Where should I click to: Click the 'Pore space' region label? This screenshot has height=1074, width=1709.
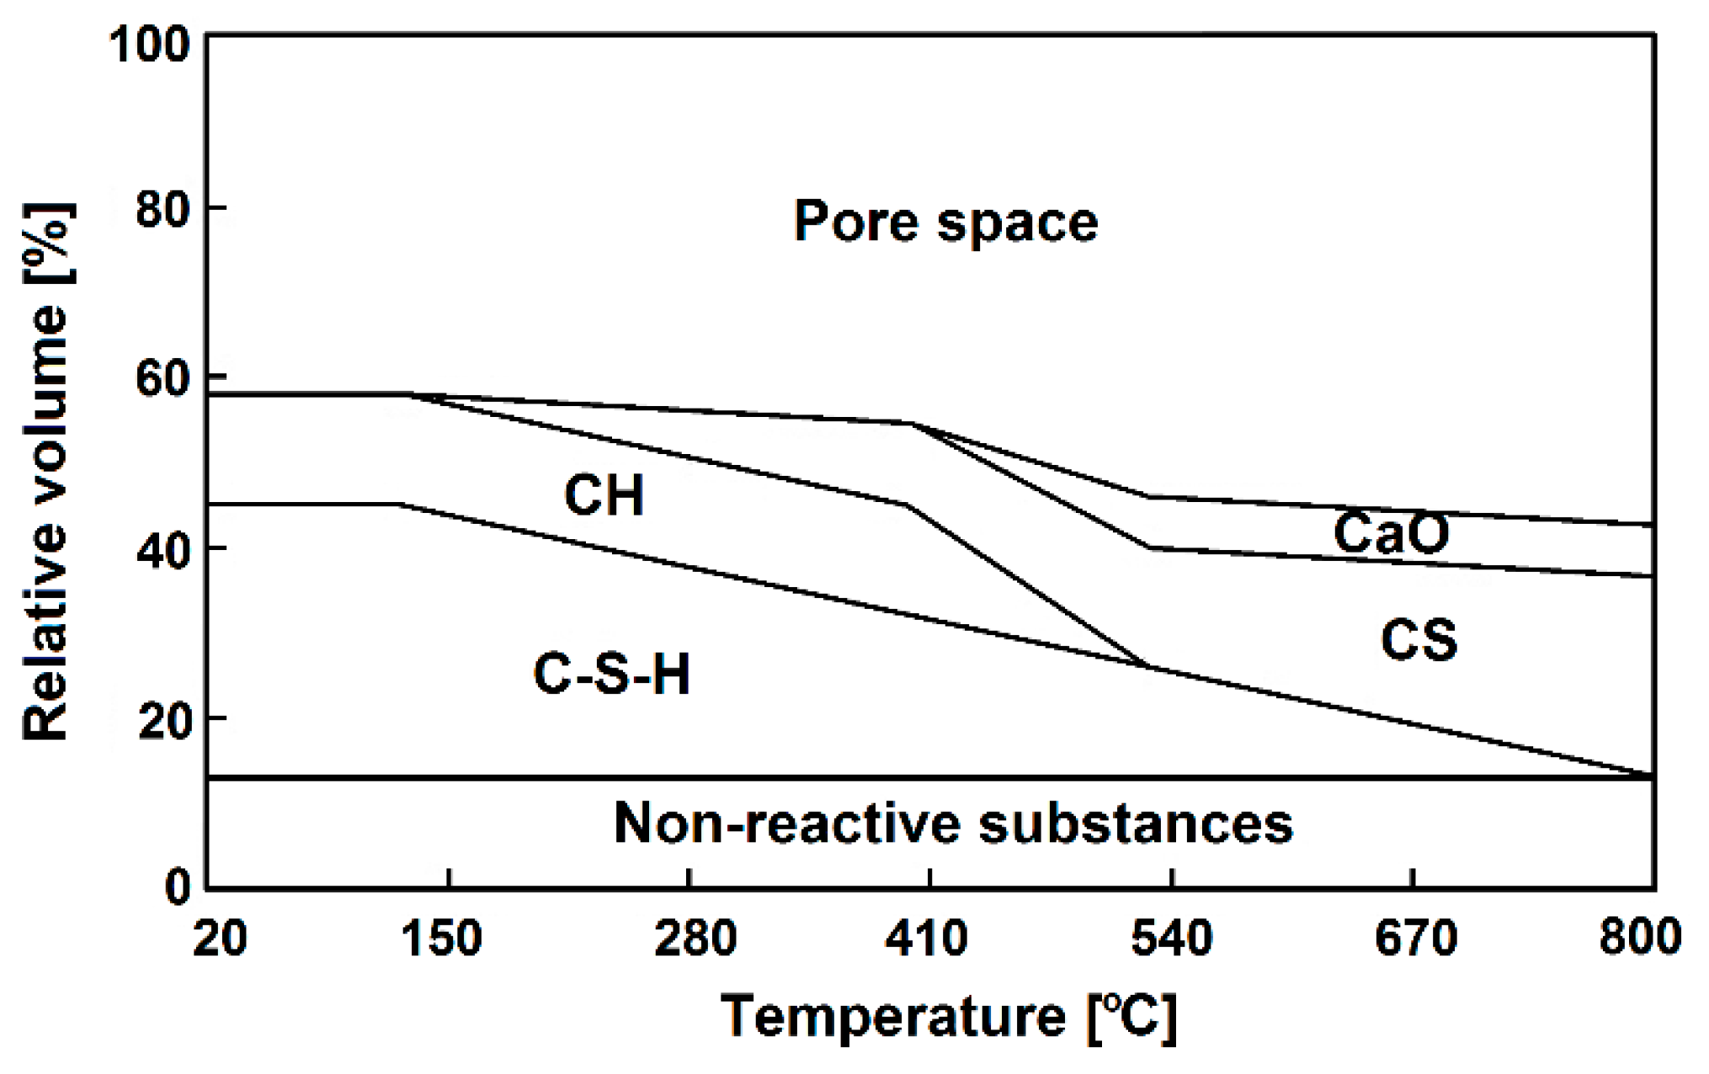[945, 222]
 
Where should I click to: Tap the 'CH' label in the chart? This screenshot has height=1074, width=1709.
[604, 495]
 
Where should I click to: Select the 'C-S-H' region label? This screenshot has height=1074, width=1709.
[612, 675]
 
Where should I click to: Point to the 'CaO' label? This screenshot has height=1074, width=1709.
[1391, 533]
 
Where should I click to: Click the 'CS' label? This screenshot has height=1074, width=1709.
[1419, 640]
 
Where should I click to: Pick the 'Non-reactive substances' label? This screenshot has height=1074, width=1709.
[953, 823]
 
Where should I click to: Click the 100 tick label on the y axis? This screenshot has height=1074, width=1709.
[150, 44]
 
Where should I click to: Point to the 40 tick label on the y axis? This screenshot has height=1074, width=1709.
[162, 551]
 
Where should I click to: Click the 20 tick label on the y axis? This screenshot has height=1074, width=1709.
[162, 721]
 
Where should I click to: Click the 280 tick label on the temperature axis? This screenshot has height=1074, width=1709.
[695, 938]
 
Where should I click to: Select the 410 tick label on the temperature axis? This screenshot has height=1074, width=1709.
[927, 938]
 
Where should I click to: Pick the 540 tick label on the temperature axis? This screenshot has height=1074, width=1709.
[1171, 938]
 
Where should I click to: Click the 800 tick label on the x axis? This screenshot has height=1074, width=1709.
[1639, 938]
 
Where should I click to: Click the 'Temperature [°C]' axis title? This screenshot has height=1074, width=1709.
[949, 1018]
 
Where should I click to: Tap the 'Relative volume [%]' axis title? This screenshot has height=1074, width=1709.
[46, 472]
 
